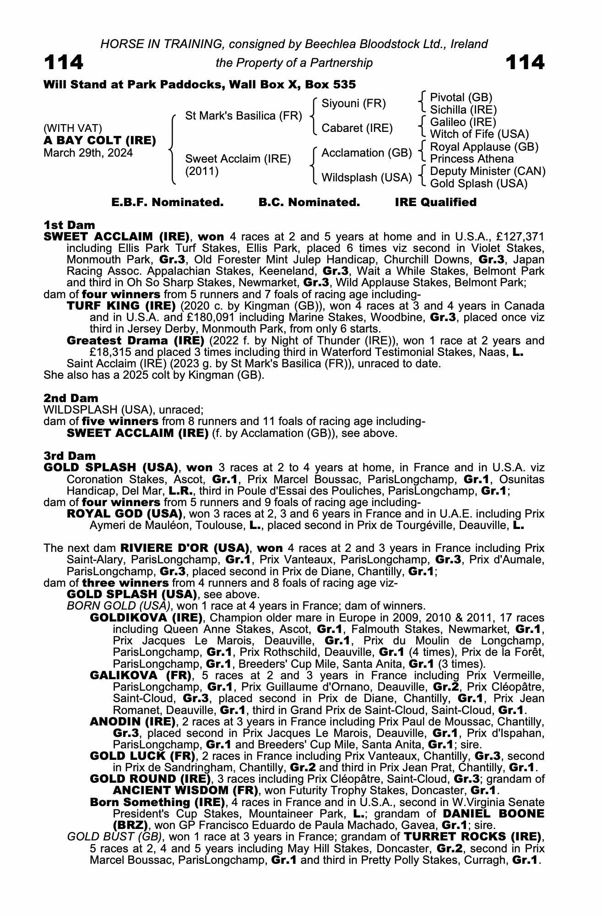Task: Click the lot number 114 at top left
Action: [x=64, y=62]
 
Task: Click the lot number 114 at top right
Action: [x=525, y=62]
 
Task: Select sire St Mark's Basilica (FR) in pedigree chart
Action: [x=243, y=116]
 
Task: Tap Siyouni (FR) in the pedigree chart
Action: [x=353, y=104]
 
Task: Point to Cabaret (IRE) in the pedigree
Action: [x=357, y=128]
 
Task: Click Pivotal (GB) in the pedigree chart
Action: [x=461, y=97]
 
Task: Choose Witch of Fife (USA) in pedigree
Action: [x=479, y=134]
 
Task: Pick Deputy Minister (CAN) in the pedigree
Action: [x=488, y=171]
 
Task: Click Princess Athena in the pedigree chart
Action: [x=472, y=159]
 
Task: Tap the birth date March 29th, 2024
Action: [x=88, y=153]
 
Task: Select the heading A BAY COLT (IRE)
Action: [x=100, y=140]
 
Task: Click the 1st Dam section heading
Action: [x=69, y=225]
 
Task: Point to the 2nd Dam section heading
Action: [x=71, y=398]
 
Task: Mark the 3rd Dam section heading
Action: [x=70, y=456]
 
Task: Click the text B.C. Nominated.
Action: [x=309, y=202]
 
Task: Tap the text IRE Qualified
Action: [x=435, y=202]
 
